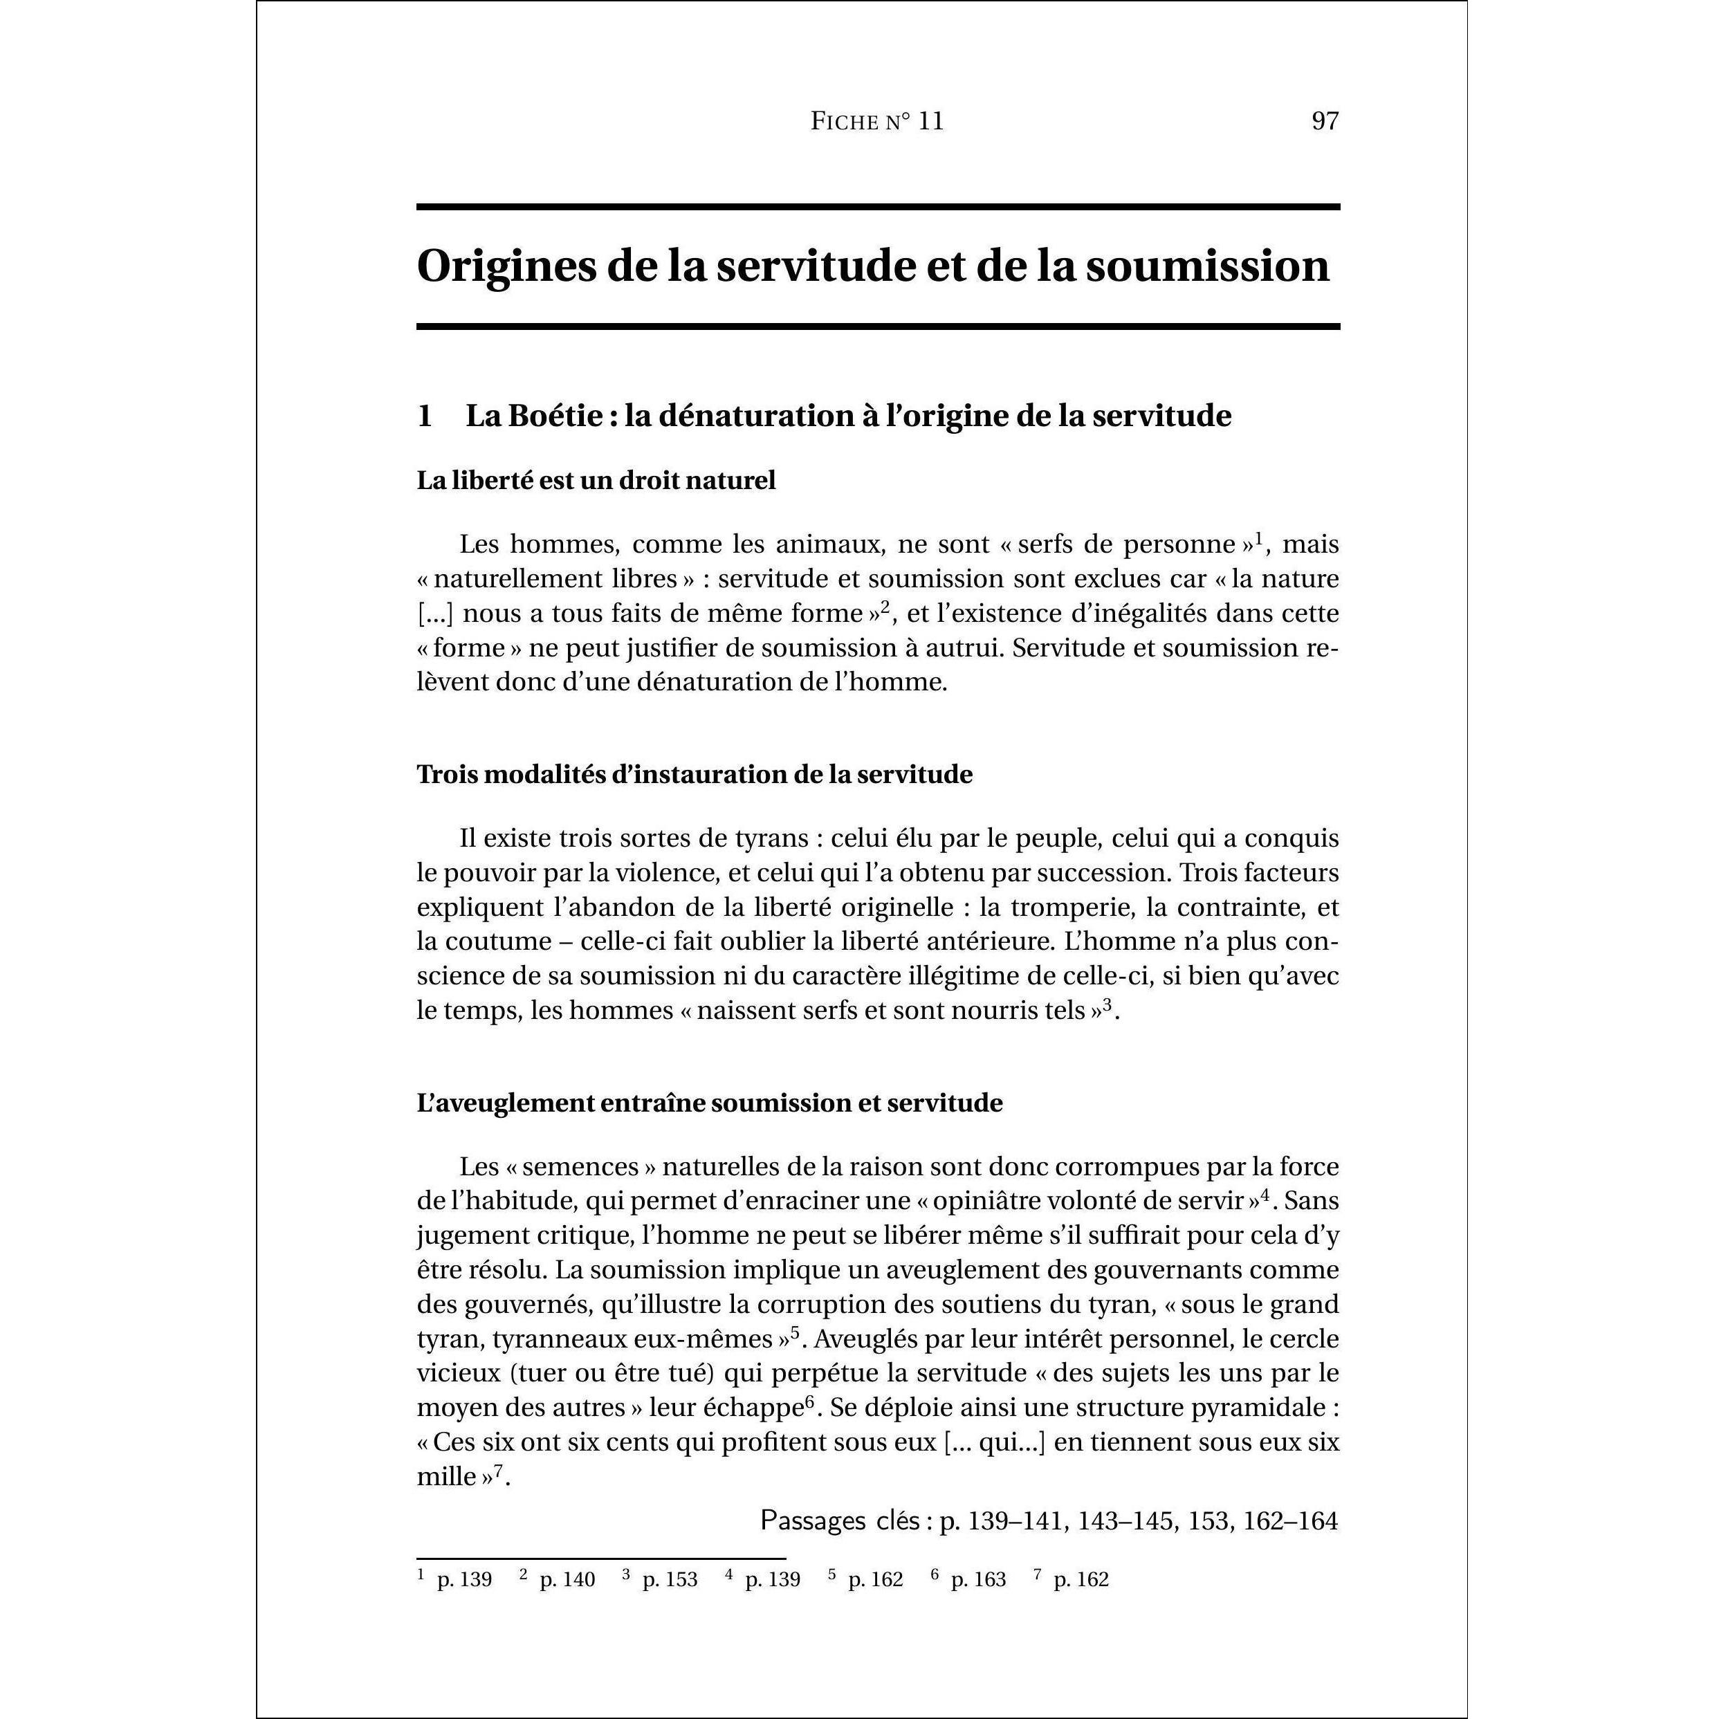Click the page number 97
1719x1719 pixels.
[x=1324, y=121]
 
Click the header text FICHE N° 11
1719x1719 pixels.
[x=876, y=121]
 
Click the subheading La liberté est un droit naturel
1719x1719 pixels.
[x=596, y=481]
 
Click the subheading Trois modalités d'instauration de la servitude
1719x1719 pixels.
[x=694, y=774]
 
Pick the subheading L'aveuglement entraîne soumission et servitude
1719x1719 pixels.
[x=709, y=1103]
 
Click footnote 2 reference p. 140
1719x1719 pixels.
[x=567, y=1579]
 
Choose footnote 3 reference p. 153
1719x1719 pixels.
[x=669, y=1579]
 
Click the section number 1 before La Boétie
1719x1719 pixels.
[x=425, y=416]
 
